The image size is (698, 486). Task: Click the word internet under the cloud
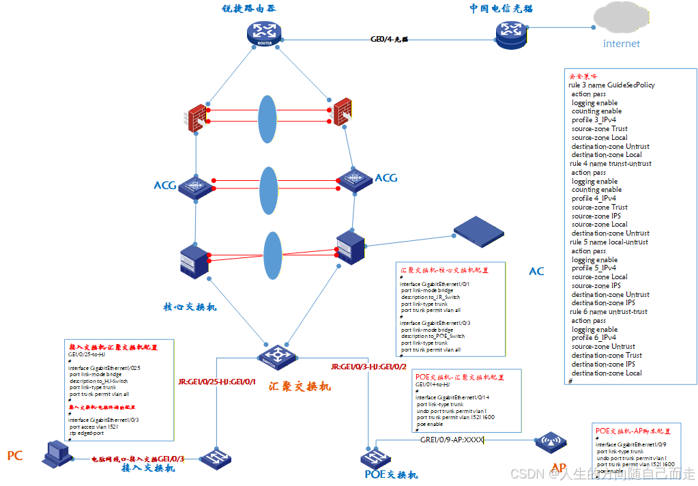coord(622,44)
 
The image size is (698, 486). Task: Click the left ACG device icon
coord(197,184)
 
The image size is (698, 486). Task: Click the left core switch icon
coord(193,260)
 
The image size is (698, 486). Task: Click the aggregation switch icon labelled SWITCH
coord(276,354)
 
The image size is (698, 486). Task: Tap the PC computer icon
coord(55,452)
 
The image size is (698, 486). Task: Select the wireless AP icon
coord(550,442)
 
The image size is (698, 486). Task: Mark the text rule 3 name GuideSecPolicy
coord(611,85)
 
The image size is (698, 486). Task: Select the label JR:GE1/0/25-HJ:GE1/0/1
coord(216,381)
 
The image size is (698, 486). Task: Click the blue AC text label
coord(537,272)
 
